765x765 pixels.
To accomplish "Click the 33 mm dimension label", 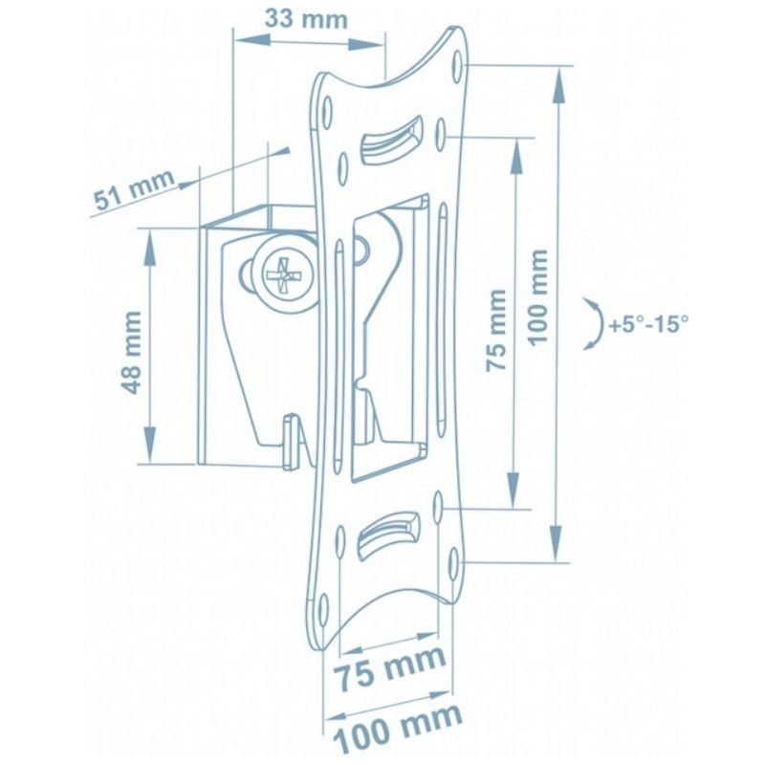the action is pyautogui.click(x=306, y=19).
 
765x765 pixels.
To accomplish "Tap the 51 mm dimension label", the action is pyautogui.click(x=134, y=189).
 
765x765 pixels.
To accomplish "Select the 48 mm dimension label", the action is pyautogui.click(x=131, y=352).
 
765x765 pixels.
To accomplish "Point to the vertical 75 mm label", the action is pyautogui.click(x=496, y=331).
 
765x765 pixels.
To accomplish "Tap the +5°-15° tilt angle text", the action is pyautogui.click(x=648, y=324).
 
